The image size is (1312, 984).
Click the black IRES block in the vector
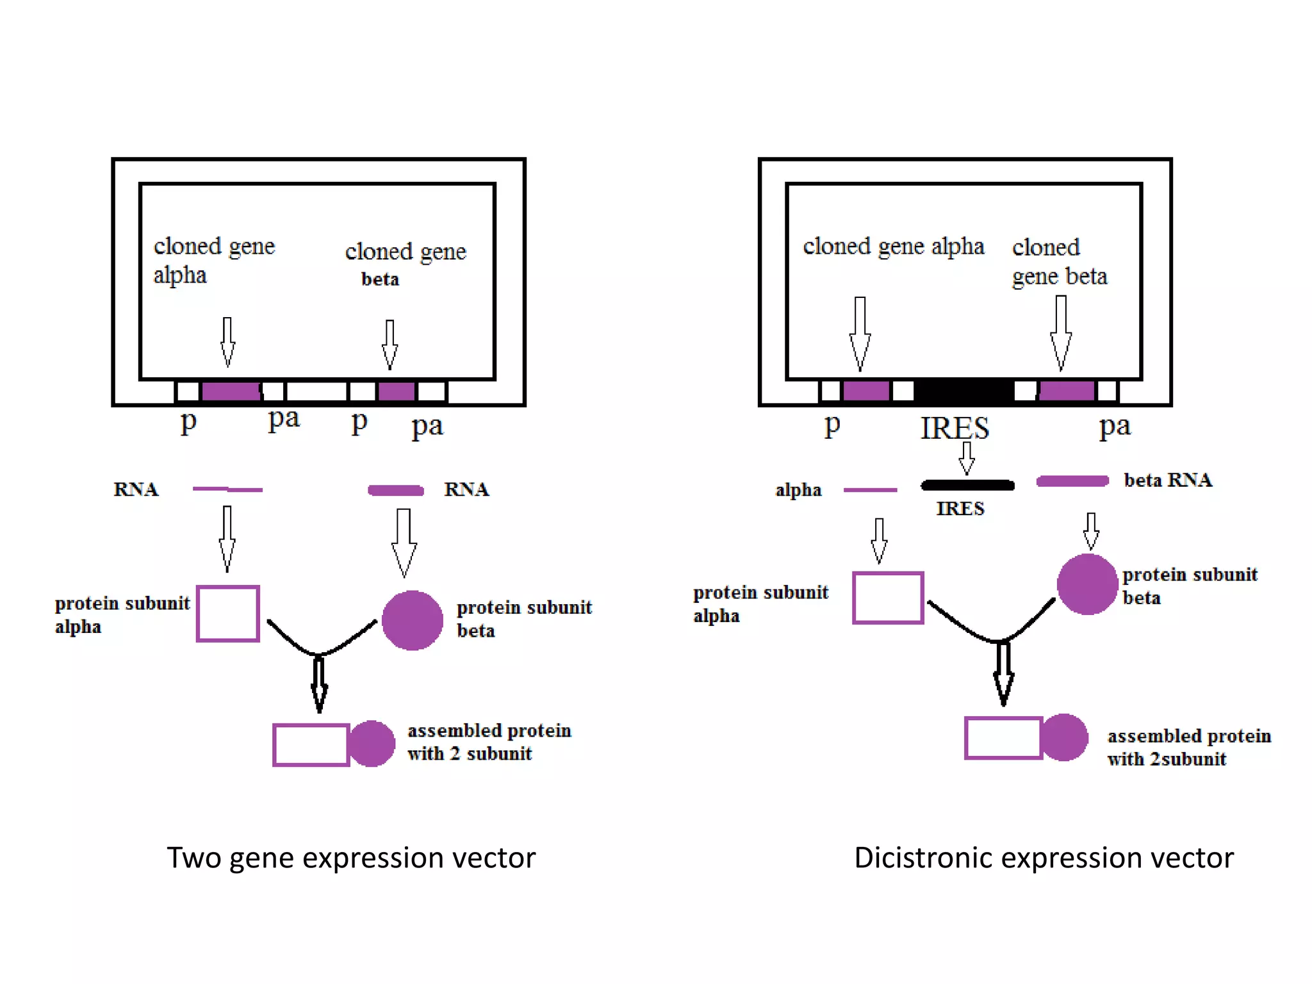[x=963, y=390]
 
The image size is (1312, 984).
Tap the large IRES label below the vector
[x=955, y=428]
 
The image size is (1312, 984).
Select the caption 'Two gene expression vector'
[x=351, y=858]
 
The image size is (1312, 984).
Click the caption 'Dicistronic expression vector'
[x=1044, y=858]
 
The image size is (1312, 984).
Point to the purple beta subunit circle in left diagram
[x=412, y=620]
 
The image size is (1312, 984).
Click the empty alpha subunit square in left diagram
[x=228, y=613]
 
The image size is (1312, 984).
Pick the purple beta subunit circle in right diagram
[x=1087, y=584]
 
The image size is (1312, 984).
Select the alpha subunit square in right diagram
[x=888, y=598]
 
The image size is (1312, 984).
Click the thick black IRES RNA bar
[x=967, y=485]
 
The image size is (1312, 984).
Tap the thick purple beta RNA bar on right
[x=1072, y=481]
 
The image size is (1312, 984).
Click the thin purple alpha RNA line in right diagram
[x=870, y=490]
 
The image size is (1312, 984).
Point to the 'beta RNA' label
[x=1167, y=480]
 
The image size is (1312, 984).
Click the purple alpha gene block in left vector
[x=231, y=391]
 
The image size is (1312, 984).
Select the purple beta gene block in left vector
[x=397, y=391]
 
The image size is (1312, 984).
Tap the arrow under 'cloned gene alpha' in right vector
[x=860, y=333]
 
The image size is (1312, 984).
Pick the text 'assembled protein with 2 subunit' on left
[x=489, y=742]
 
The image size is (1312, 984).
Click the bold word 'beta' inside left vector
[x=380, y=279]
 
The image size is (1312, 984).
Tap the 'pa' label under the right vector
[x=1115, y=426]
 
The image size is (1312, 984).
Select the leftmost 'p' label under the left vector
[x=188, y=422]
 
